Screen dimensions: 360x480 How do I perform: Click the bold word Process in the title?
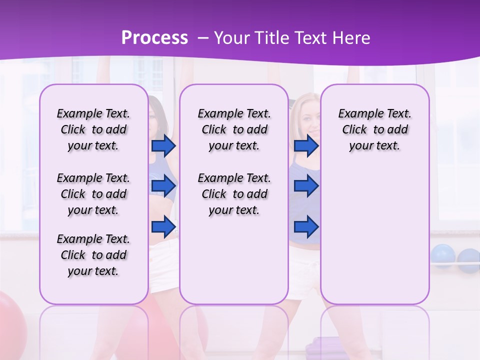(154, 38)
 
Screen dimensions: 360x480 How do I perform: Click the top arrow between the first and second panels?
(163, 146)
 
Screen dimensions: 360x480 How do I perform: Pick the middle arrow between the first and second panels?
(163, 186)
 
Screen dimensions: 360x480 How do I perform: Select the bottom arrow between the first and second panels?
(163, 227)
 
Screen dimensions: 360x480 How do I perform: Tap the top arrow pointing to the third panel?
(306, 146)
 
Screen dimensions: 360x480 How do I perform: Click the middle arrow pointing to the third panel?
(306, 186)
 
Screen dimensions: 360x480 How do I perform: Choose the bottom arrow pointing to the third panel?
(306, 227)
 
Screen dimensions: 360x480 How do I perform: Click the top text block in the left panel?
(93, 129)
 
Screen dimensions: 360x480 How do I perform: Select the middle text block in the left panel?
(93, 194)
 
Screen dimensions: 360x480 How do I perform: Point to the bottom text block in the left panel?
(93, 255)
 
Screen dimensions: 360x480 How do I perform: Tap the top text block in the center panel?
(234, 129)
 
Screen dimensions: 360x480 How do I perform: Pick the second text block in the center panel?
(234, 194)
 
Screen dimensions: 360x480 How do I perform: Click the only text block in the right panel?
(374, 129)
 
